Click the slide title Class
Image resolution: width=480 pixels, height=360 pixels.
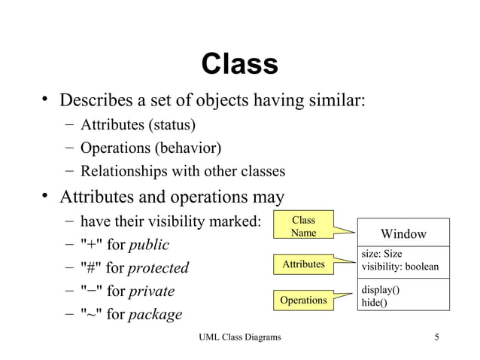[x=240, y=65]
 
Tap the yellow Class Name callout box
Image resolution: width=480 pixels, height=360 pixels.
[x=303, y=227]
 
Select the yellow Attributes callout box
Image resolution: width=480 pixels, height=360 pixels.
[x=303, y=264]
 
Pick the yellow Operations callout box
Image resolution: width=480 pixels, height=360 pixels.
[x=303, y=301]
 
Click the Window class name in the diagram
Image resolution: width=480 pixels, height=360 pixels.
[x=403, y=234]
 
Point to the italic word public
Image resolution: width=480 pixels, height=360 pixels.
[x=149, y=245]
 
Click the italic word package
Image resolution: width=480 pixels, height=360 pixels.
[x=155, y=314]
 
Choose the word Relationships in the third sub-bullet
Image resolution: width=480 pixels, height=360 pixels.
[x=123, y=171]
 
